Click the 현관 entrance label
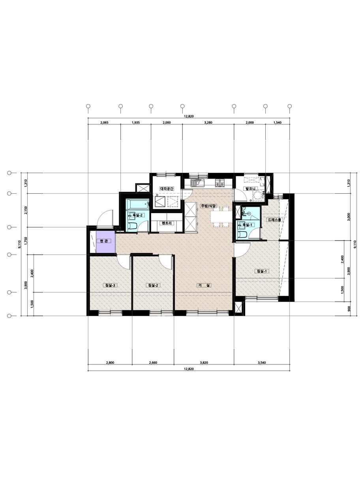tap(104, 241)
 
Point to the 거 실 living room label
tap(204, 285)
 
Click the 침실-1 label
tap(262, 271)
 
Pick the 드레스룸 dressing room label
tap(275, 220)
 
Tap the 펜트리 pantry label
tap(167, 223)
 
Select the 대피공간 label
tap(167, 189)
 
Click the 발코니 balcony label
tap(250, 189)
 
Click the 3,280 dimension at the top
tap(208, 122)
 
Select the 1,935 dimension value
tap(136, 122)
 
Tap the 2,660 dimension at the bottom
tap(153, 362)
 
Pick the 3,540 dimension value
tap(262, 362)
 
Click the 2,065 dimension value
tap(104, 122)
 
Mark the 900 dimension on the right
tap(349, 308)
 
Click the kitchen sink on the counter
tap(197, 183)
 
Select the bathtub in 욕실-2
tap(138, 204)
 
